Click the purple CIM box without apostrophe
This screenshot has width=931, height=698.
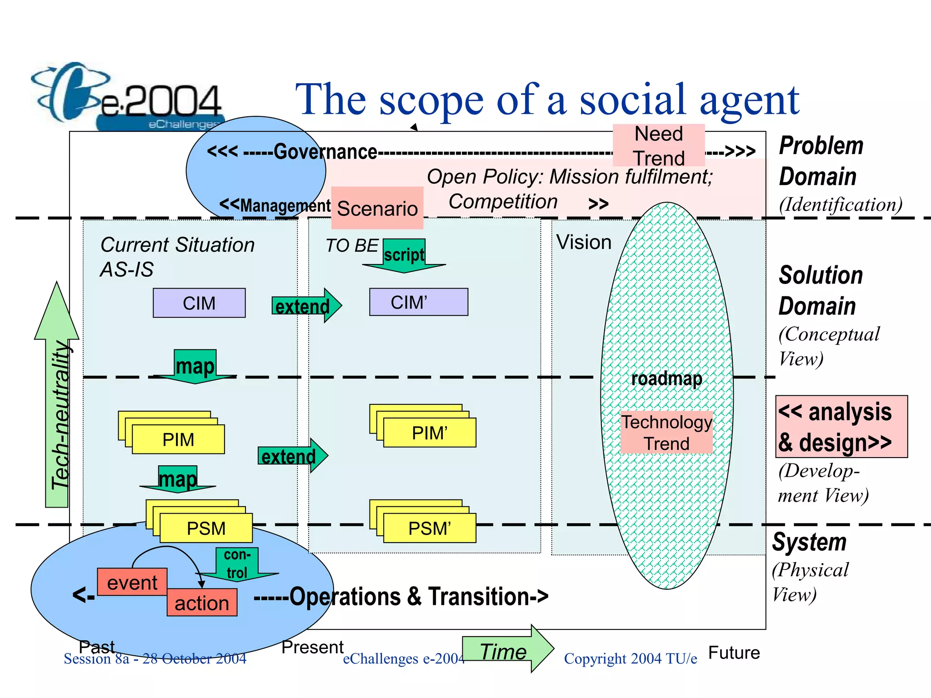click(x=199, y=303)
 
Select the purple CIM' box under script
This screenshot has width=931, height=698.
click(x=418, y=302)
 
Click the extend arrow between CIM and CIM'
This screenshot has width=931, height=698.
click(x=305, y=306)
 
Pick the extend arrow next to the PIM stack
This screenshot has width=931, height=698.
click(x=292, y=456)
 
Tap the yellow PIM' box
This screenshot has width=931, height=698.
click(x=429, y=433)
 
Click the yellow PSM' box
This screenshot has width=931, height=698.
click(x=429, y=528)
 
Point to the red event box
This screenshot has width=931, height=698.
click(x=132, y=582)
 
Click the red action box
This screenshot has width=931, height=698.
click(x=202, y=603)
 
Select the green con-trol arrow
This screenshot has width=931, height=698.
click(x=237, y=564)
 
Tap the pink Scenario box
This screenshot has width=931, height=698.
click(x=377, y=208)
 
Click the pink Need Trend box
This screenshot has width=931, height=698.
click(x=659, y=145)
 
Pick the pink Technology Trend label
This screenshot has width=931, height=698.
click(x=666, y=433)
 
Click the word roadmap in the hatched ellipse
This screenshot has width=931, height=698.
click(x=666, y=379)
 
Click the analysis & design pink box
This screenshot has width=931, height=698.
click(x=841, y=427)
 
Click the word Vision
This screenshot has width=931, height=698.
click(x=584, y=242)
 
